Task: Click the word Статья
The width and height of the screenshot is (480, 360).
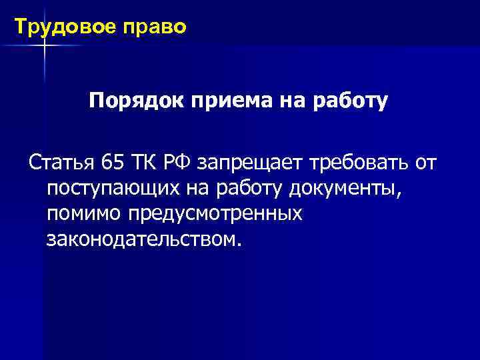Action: pos(61,163)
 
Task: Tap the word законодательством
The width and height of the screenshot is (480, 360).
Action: pos(141,239)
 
